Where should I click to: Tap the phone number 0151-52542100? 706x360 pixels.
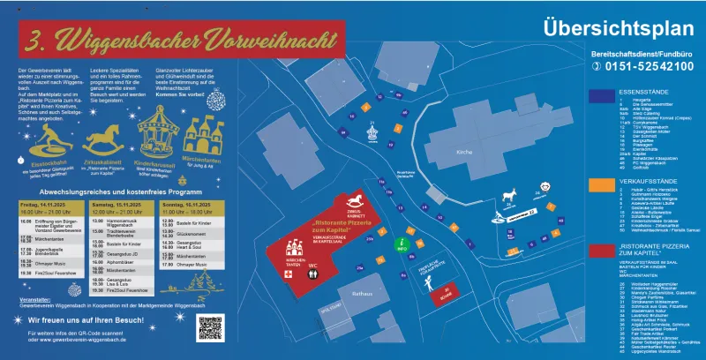[x=648, y=66]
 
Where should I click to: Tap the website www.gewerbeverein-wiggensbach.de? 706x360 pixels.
[x=79, y=339]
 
